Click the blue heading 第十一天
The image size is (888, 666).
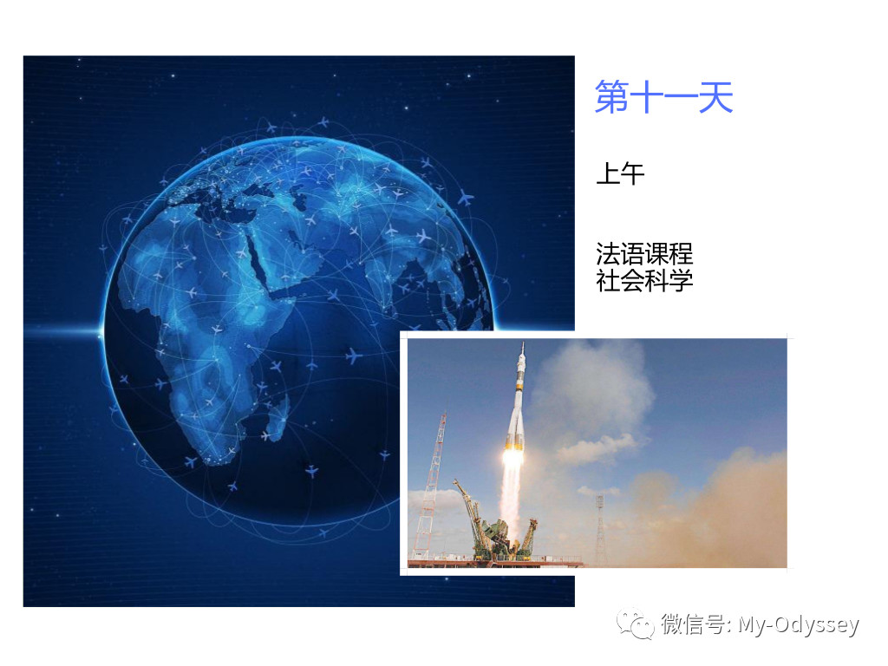(663, 97)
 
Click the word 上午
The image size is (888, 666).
(620, 173)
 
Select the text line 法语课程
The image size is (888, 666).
(644, 253)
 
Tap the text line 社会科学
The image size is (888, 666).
(644, 280)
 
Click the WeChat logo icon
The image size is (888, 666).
(635, 624)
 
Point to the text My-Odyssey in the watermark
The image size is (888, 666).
(799, 624)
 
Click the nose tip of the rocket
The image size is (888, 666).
(523, 343)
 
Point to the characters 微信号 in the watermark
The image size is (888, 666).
(693, 624)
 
